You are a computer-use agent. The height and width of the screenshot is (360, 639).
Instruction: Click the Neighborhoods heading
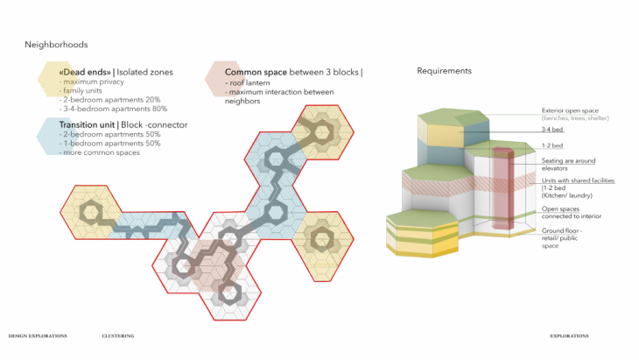coord(56,44)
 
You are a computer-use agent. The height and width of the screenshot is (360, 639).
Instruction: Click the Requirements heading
coord(444,71)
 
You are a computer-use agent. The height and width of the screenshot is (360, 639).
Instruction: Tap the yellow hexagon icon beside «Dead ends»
coord(50,78)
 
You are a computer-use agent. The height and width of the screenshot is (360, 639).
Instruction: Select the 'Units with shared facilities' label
coord(578,180)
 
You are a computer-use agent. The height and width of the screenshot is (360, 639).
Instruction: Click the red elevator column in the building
coord(502,188)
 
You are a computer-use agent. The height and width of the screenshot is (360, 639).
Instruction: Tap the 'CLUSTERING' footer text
coord(117,335)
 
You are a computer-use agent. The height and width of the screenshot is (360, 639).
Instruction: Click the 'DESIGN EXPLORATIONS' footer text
coord(40,335)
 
